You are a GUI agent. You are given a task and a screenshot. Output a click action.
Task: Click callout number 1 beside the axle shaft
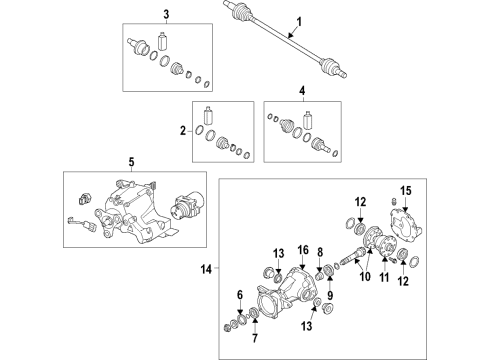(x=299, y=22)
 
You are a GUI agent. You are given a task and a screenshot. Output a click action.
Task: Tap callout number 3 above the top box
(x=166, y=14)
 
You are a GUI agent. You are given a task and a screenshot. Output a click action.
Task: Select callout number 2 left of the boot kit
(x=183, y=131)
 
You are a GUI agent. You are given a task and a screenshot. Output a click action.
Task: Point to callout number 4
(x=302, y=90)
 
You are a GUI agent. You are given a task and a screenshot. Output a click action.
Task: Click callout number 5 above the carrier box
(x=131, y=162)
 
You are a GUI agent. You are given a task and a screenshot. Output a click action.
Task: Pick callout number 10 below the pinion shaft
(x=365, y=276)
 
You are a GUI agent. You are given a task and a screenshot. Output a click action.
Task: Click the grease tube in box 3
(x=163, y=41)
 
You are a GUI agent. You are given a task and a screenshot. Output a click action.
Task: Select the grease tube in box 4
(x=308, y=120)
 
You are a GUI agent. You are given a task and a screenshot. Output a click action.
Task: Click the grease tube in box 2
(x=208, y=116)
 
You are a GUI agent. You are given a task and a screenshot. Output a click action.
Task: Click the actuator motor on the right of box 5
(x=188, y=207)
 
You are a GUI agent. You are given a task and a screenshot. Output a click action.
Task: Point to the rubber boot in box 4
(x=286, y=126)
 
